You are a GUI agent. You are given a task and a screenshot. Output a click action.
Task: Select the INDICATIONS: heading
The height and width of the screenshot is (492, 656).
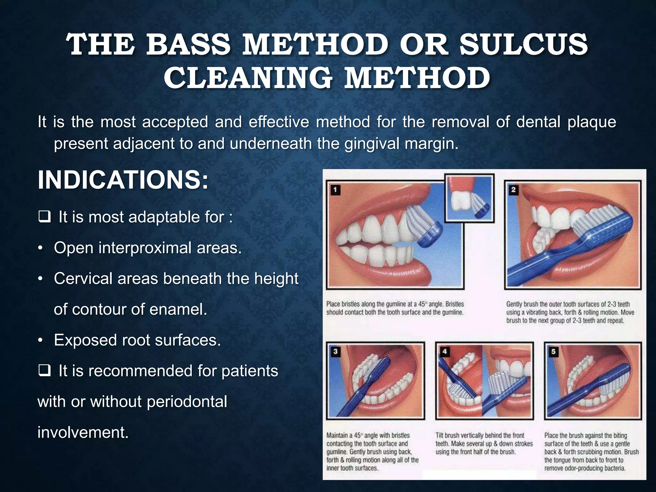click(123, 180)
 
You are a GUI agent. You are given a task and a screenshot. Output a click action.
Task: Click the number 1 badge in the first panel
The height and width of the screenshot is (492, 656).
click(335, 190)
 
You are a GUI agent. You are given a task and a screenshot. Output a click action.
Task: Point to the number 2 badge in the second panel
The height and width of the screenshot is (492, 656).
click(513, 190)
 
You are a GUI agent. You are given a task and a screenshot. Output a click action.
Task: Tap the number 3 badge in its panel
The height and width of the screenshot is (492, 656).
click(335, 351)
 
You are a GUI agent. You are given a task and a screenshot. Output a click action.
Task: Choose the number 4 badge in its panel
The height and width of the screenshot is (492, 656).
click(445, 351)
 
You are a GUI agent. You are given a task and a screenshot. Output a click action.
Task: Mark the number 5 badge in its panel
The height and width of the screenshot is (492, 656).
click(553, 351)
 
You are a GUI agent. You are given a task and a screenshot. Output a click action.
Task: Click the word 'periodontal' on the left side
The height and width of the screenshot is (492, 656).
click(187, 402)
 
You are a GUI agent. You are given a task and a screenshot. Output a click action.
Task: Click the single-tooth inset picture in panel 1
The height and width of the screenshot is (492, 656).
click(470, 199)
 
